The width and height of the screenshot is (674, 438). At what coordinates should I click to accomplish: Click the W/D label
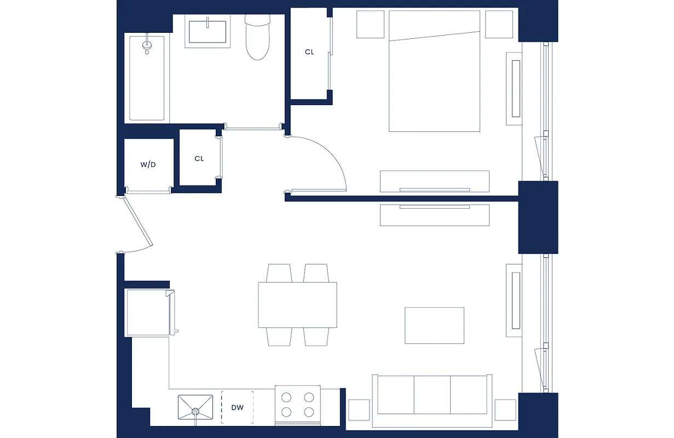coord(148,164)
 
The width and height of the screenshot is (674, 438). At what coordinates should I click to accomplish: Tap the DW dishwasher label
coord(237,407)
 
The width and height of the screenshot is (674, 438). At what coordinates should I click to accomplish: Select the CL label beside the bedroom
coord(310,52)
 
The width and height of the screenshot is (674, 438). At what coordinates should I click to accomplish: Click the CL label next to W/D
coord(199,159)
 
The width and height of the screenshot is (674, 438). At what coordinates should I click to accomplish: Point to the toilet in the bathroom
coord(257,38)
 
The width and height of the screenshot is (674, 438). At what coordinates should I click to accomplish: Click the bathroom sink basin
coord(208,31)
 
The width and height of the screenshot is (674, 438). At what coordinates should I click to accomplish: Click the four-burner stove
coord(297,405)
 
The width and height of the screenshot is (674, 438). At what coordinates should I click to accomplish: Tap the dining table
coord(297,305)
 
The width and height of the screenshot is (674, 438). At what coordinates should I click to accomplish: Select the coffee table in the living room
coord(434,325)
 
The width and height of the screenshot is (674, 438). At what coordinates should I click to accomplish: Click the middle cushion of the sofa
coord(432,395)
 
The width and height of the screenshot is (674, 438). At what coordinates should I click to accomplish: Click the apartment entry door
coord(138,223)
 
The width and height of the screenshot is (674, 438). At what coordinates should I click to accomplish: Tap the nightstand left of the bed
coord(370,24)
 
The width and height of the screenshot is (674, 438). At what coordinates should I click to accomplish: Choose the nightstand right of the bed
coord(498,24)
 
